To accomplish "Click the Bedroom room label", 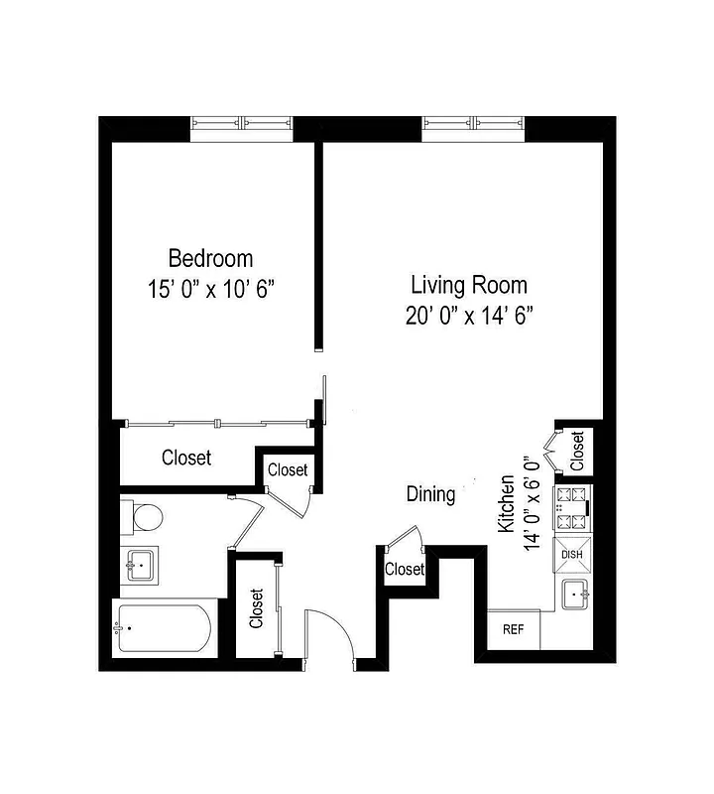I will pos(210,259).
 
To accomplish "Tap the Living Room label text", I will pos(469,286).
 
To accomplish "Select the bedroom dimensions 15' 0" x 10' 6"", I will pos(210,290).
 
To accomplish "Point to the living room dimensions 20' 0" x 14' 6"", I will pos(469,317).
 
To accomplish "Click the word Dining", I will pos(431,494).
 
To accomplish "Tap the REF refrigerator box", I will pos(513,629).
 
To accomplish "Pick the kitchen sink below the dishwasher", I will pos(575,596).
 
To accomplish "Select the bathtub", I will pos(164,628).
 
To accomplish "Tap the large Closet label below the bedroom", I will pos(186,458).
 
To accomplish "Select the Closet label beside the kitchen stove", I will pos(577,451).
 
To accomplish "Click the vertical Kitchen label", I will pos(507,504).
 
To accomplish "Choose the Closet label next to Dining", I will pos(404,569).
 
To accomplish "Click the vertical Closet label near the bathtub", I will pos(257,608).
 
